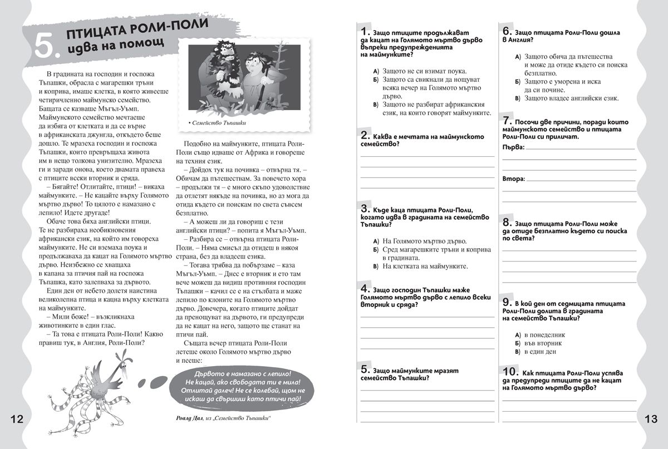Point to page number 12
pyautogui.click(x=17, y=419)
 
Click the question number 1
pyautogui.click(x=366, y=31)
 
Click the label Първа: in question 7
pyautogui.click(x=513, y=147)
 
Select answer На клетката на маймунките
pyautogui.click(x=425, y=266)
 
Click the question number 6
pyautogui.click(x=507, y=31)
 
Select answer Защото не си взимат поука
pyautogui.click(x=425, y=71)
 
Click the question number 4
pyautogui.click(x=366, y=289)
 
